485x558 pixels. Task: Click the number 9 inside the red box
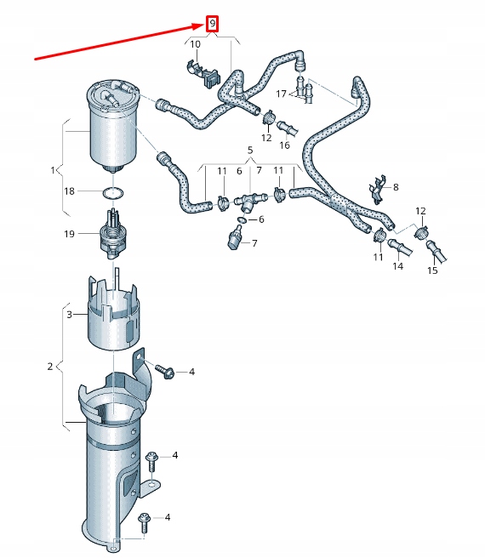213,24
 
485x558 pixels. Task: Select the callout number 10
196,44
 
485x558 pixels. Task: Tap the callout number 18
70,191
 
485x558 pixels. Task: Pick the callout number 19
70,233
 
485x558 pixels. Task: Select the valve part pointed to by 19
110,235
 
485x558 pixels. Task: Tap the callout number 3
70,315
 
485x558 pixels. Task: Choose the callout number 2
50,366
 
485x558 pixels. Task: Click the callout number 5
250,151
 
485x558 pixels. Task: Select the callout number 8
395,185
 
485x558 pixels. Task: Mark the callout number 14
397,266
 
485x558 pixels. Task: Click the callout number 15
432,270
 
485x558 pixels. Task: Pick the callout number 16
284,145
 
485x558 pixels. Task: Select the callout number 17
281,95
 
